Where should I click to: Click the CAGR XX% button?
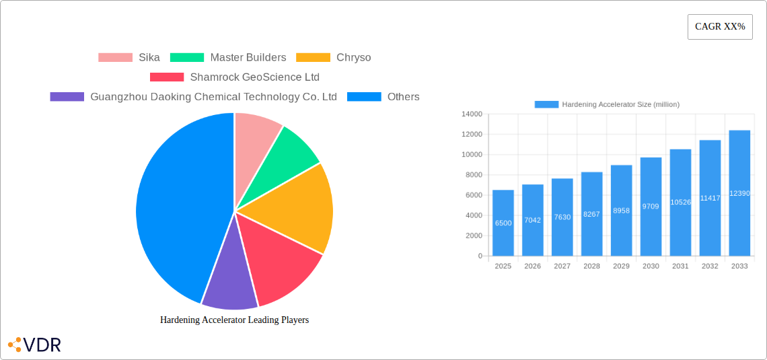click(720, 27)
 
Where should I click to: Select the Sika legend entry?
click(129, 57)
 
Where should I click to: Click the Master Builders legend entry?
click(228, 57)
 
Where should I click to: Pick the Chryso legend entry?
click(334, 57)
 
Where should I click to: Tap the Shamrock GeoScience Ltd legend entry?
click(234, 77)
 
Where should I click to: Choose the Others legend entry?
click(383, 96)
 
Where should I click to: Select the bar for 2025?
click(503, 223)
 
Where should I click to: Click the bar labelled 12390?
click(739, 193)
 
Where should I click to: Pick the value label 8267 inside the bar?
click(591, 214)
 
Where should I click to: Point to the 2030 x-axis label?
click(651, 266)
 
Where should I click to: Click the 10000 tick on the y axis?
click(471, 155)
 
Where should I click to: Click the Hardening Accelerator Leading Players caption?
click(234, 320)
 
